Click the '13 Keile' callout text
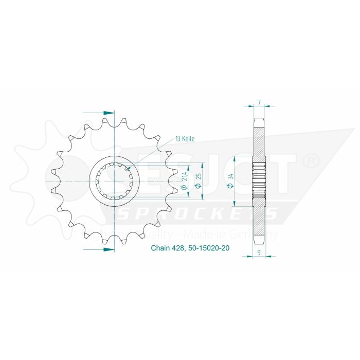pyautogui.click(x=185, y=139)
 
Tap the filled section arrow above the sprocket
pyautogui.click(x=108, y=112)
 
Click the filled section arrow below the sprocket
pyautogui.click(x=108, y=249)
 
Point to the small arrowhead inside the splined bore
pyautogui.click(x=128, y=168)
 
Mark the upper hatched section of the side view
pyautogui.click(x=259, y=136)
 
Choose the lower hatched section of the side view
pyautogui.click(x=259, y=224)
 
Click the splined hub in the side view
pyautogui.click(x=259, y=181)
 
